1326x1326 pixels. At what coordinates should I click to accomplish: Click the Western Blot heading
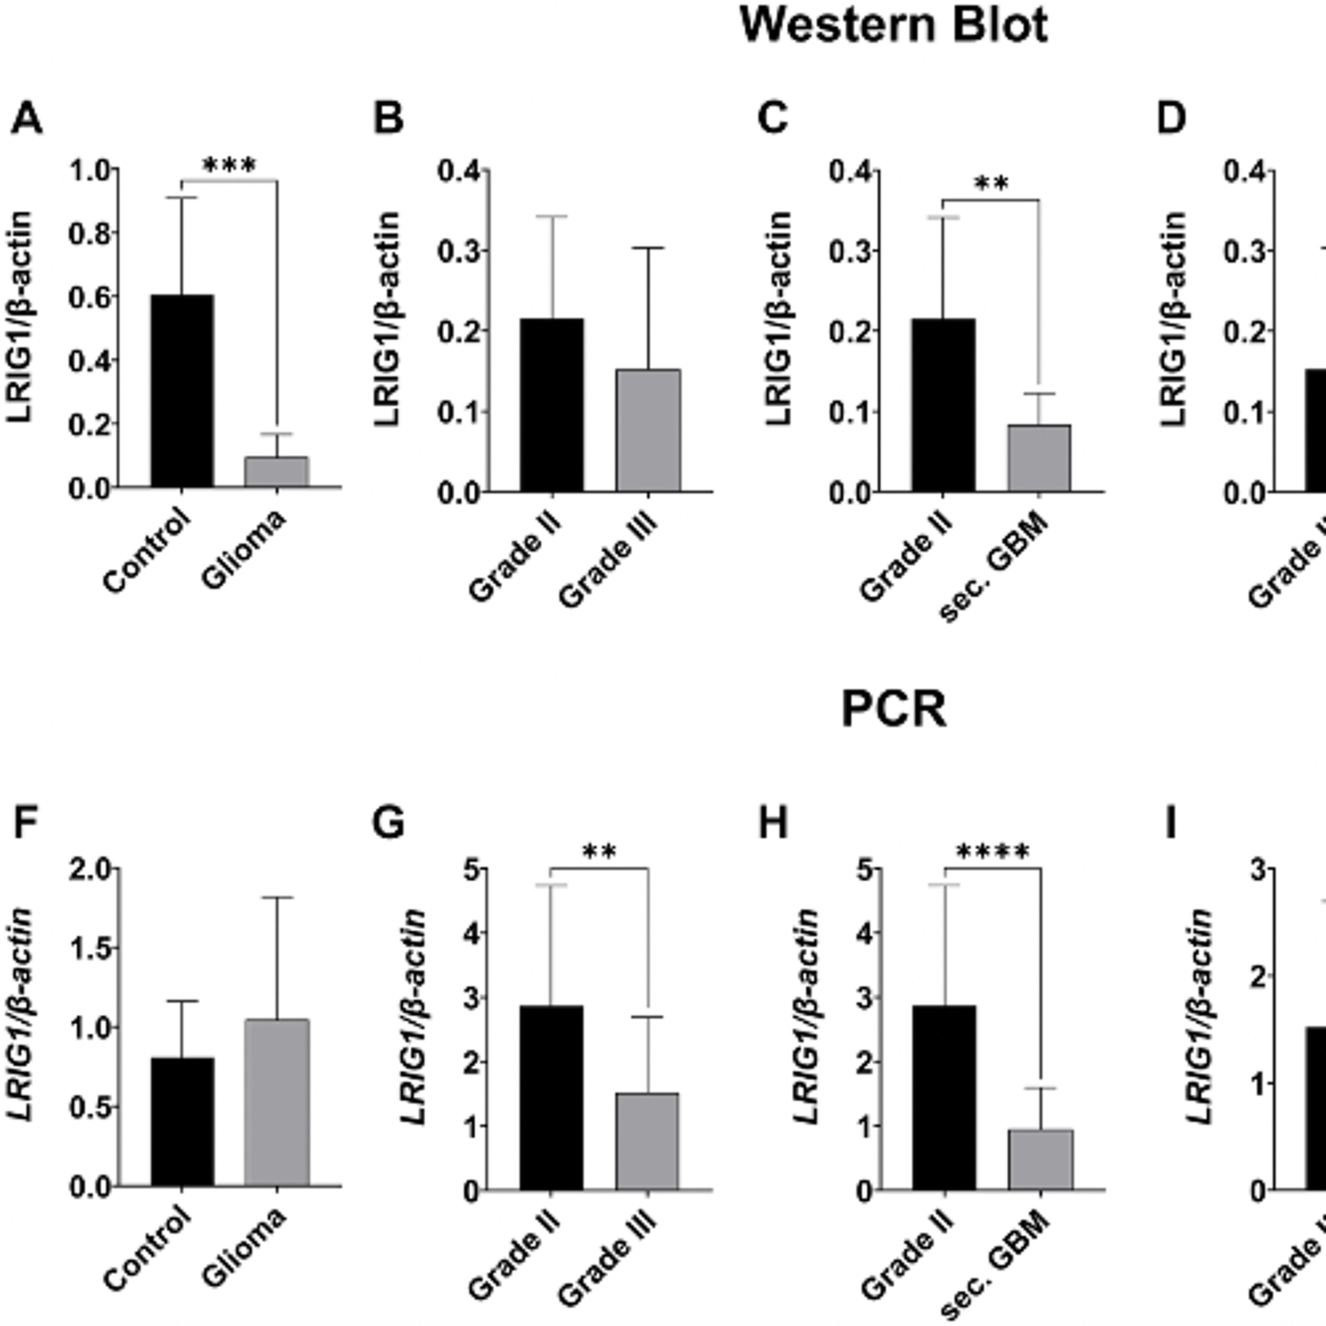pos(894,26)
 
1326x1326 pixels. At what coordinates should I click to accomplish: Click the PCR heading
pos(894,710)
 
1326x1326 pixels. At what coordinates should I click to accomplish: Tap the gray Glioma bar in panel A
pos(277,472)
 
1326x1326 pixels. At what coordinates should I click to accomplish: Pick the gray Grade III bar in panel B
pos(648,431)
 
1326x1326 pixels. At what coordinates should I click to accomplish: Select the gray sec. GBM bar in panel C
pos(1039,458)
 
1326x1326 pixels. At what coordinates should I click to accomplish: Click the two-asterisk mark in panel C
pos(991,184)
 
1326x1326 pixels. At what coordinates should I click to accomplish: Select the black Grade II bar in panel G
pos(551,1097)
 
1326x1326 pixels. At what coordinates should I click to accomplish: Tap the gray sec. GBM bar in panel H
pos(1040,1158)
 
